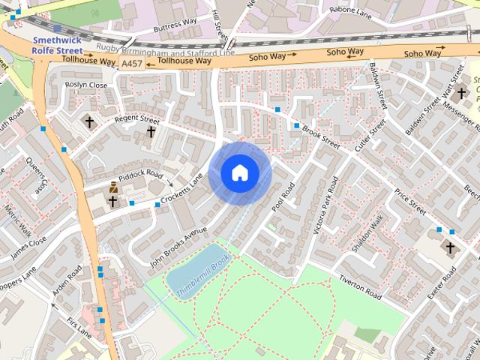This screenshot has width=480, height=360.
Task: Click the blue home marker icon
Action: [x=239, y=172]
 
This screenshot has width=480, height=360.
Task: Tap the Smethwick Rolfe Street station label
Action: [x=56, y=44]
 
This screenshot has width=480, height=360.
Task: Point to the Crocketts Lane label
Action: [x=181, y=191]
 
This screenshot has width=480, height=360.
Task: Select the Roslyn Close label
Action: [x=86, y=85]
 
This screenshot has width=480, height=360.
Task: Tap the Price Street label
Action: [x=410, y=201]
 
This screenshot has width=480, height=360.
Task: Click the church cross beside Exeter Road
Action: [x=450, y=247]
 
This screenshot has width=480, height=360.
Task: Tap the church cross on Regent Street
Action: [x=151, y=132]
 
